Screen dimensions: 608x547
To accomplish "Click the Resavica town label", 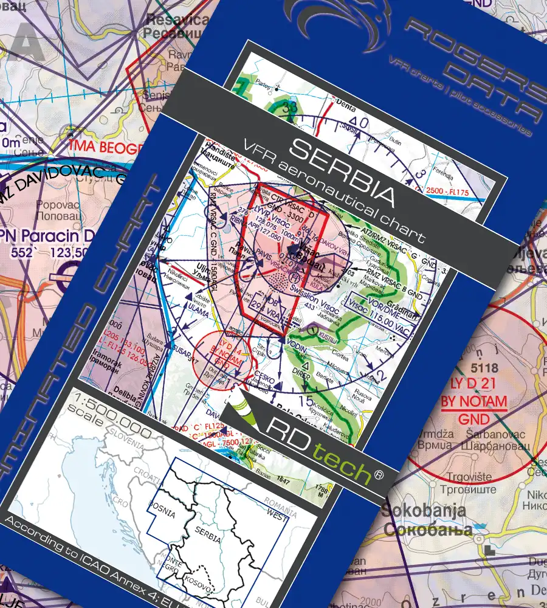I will (x=170, y=19).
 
